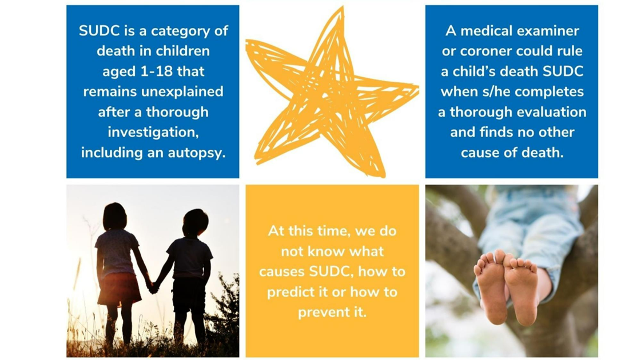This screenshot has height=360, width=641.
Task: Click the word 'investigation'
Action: pos(153,132)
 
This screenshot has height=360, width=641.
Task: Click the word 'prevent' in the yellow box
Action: pos(321,313)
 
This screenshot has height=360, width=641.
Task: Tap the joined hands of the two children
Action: pos(152,287)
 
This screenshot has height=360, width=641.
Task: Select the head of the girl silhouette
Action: pos(114,217)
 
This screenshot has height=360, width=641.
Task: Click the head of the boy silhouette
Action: pos(194,222)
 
